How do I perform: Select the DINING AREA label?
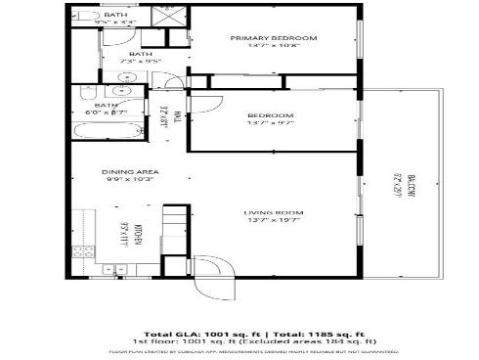tap(130, 172)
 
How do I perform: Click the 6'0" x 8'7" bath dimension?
tap(107, 112)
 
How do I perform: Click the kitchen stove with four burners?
tap(83, 251)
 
